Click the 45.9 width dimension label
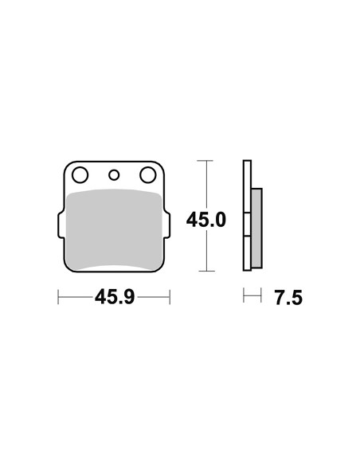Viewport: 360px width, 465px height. pos(115,297)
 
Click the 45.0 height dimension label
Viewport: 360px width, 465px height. pos(206,220)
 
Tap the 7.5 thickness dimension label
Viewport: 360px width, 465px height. pos(288,298)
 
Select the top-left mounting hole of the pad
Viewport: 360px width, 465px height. pos(80,175)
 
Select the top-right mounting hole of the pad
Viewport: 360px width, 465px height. pos(148,175)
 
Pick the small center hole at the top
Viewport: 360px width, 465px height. pos(114,175)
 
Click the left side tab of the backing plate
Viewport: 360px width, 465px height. pos(61,225)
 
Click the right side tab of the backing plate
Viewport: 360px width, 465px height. pos(166,225)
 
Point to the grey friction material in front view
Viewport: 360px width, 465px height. pos(114,230)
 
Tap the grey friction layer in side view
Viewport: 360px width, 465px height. pos(256,228)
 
